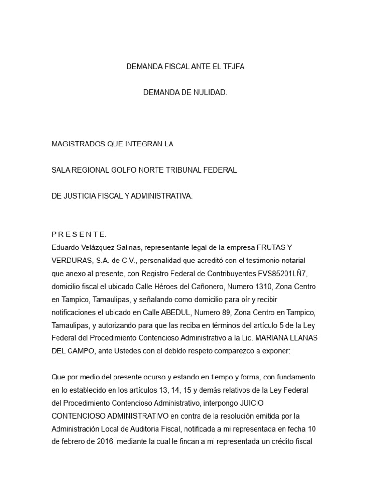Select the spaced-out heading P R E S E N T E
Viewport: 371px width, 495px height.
pos(79,234)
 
